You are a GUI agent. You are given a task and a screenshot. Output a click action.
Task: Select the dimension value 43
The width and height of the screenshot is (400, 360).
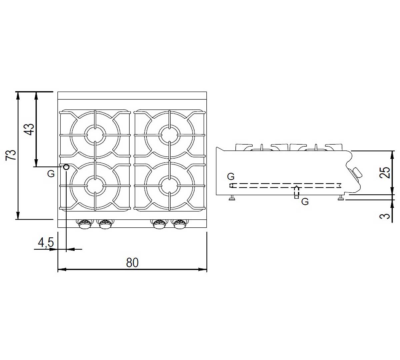coord(29,129)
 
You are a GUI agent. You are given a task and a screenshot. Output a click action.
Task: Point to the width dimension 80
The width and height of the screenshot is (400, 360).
coord(132,263)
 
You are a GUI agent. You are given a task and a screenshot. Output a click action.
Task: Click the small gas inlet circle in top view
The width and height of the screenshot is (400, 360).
coord(66,167)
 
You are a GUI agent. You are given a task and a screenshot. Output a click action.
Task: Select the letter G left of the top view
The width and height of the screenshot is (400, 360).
coord(51,174)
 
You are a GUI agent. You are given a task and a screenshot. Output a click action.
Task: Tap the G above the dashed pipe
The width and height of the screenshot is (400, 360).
coord(231,176)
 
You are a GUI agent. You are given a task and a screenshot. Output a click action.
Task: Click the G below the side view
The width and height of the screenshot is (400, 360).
coord(305,202)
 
